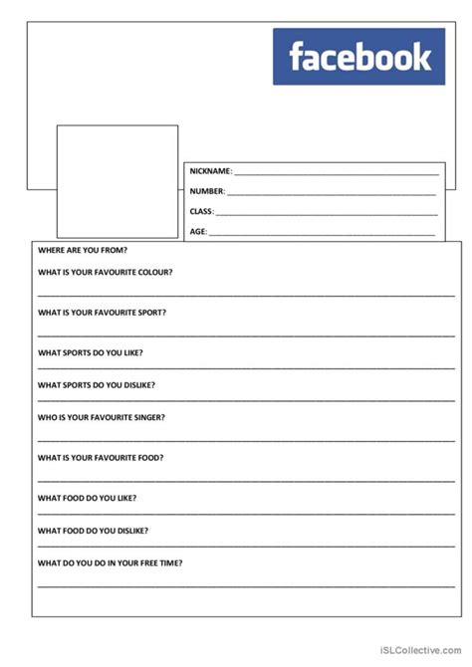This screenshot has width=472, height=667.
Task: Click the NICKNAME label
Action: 210,171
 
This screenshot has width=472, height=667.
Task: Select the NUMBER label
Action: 207,191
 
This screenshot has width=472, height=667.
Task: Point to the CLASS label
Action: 201,211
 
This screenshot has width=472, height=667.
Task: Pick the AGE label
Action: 198,231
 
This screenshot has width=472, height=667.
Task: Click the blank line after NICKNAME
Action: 336,173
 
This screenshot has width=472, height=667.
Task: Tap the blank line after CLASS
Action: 326,213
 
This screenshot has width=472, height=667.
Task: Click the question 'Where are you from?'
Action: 83,251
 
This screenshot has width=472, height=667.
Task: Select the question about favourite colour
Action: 106,272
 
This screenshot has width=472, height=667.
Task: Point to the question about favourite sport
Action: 103,312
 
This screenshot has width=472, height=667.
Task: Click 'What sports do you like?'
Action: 91,352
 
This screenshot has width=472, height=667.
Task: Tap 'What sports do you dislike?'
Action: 97,384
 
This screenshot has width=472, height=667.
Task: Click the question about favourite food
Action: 101,457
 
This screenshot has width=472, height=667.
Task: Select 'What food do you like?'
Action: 88,498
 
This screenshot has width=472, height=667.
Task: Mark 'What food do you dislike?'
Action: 94,530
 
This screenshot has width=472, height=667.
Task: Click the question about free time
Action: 110,562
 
